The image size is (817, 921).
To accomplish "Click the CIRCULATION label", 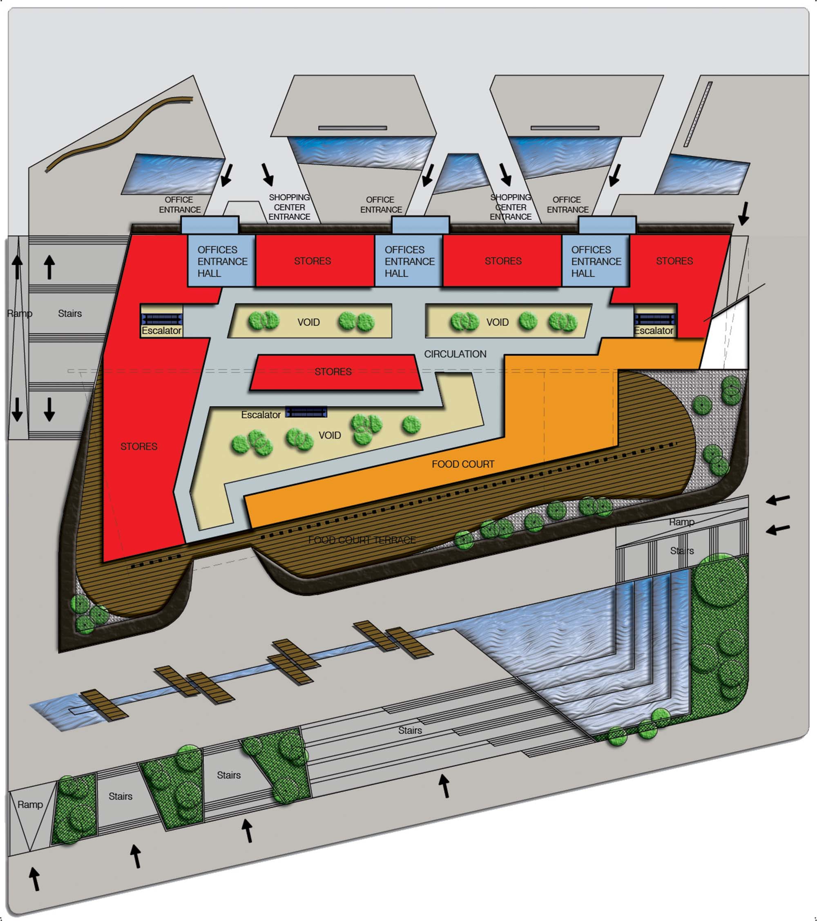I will [x=455, y=354].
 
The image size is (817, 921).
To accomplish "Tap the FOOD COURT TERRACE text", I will [x=362, y=540].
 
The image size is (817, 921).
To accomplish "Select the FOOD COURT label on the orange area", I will [x=462, y=464].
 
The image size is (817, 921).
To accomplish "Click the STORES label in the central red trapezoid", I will [x=333, y=372].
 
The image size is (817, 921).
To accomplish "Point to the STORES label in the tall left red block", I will [x=139, y=447].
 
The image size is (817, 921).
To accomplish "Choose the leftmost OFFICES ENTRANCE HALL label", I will [x=222, y=262].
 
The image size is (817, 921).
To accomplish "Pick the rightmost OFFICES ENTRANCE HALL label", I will [x=596, y=262].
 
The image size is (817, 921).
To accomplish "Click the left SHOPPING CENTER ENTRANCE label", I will [x=289, y=207].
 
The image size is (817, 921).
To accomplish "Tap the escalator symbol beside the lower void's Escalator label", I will [x=306, y=412].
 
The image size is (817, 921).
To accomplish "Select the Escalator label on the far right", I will [x=653, y=331].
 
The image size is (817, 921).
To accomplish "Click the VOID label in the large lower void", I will [x=330, y=435].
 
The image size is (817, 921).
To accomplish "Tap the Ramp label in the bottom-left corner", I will [x=30, y=805].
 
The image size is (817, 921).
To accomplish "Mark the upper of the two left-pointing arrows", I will [x=778, y=499].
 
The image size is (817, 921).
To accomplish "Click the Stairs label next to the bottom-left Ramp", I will [x=120, y=797].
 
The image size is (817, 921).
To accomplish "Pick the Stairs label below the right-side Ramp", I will [x=681, y=551].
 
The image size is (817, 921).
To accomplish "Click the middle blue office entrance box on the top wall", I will [x=420, y=225].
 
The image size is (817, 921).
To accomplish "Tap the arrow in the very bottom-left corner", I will [x=34, y=879].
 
